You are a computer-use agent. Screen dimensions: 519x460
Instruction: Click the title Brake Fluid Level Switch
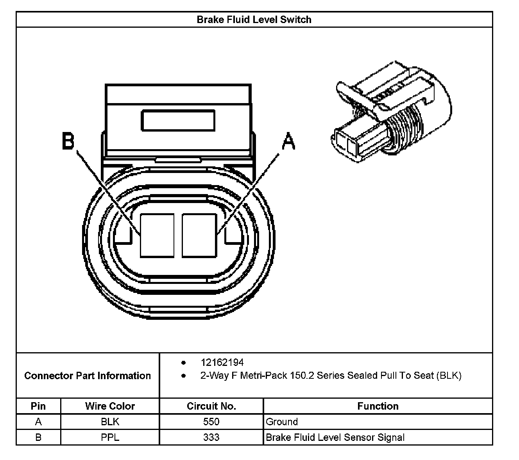coord(254,20)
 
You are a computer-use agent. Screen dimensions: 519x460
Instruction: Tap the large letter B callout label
coord(68,141)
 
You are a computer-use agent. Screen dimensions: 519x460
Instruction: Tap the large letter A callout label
coord(288,141)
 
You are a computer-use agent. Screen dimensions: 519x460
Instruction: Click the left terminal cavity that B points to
coord(157,235)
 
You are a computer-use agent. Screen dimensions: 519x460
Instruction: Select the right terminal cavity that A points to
coord(199,235)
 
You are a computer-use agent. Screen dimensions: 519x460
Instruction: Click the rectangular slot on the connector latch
coord(178,121)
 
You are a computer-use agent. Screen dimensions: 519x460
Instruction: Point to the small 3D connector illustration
coord(391,112)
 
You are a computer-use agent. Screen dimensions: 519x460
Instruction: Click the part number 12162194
coord(222,362)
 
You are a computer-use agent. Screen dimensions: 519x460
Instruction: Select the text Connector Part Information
coord(88,376)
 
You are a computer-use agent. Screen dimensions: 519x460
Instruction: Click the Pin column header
coord(38,406)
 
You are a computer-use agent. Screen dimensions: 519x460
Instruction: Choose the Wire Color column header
coord(110,406)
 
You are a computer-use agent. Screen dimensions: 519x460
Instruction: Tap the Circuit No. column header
coord(211,406)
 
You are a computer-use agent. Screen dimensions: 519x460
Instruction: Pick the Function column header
coord(378,406)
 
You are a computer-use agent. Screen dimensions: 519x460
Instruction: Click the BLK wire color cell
coord(110,422)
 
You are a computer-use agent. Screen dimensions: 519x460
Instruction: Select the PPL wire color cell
coord(110,437)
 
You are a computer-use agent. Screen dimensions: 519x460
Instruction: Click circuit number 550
coord(211,422)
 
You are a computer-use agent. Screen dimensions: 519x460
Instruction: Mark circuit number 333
coord(211,437)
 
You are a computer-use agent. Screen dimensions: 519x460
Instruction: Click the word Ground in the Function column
coord(282,422)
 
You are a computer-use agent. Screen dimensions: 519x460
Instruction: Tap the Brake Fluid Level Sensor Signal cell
coord(335,437)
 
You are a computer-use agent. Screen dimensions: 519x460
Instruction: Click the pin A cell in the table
coord(38,422)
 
